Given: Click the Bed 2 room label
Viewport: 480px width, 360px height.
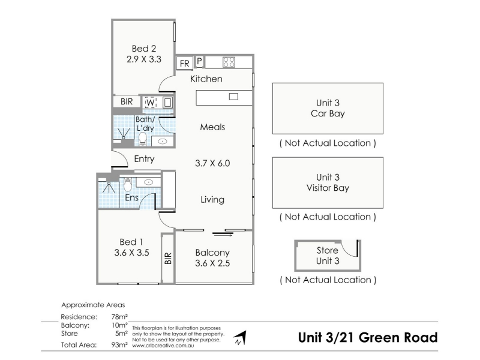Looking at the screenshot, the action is coord(144,49).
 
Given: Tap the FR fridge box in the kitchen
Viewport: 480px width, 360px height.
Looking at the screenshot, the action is coord(185,63).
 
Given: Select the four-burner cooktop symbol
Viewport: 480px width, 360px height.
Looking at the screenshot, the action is coord(229,62).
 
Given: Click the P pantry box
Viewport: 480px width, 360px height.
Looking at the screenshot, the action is coord(199,62).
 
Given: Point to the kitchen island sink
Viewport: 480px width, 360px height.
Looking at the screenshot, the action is coord(233,97).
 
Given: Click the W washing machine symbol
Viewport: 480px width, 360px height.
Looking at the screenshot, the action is coord(151,102).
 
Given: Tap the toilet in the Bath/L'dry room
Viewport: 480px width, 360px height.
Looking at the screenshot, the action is coord(142,139).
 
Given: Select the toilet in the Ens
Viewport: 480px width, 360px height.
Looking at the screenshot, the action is coord(128,185).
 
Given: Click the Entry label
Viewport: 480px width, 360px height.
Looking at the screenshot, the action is coord(144,159).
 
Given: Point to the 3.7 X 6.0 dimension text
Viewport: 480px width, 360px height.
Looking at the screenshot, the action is coord(212,163).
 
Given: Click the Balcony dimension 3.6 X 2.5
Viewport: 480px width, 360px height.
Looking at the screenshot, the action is coord(212,263).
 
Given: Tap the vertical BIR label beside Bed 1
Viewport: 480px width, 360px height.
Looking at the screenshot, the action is coord(168,259).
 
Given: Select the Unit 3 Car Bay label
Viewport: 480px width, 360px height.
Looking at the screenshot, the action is coord(328,108).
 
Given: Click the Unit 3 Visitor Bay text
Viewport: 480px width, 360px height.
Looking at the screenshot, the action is coord(328,182).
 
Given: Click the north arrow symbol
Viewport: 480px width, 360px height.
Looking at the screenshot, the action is coord(241,338).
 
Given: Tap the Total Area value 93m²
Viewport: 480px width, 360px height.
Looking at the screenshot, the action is coord(119,344).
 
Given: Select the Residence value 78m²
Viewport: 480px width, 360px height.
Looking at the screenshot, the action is coord(119,317).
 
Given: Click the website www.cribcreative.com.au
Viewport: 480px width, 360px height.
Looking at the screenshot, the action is coord(163,346).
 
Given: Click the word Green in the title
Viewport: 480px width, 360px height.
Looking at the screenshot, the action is coord(379,337).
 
